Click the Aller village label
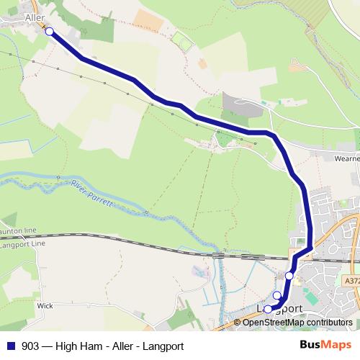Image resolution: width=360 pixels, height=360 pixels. pos(35,17)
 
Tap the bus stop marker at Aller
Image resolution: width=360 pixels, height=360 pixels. pos(49,31)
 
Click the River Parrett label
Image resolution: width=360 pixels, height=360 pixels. pos(93,194)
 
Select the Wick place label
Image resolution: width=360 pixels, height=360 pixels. pos(45,305)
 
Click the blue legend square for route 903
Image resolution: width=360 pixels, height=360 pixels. pos(11,346)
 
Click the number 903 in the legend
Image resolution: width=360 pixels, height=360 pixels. pos(30,346)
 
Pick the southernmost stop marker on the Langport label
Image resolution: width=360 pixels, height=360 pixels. pos(268,310)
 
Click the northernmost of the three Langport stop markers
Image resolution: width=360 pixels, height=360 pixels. pos(289,275)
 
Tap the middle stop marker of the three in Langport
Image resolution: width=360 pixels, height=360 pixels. pos(277,295)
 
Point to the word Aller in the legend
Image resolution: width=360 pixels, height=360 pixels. pos(125,346)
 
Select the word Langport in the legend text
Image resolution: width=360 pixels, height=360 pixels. pos(164,346)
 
